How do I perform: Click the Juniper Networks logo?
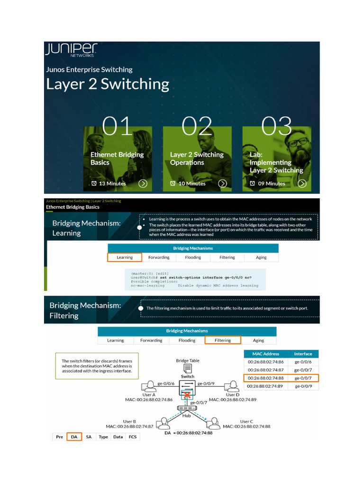71,50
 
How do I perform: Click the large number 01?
118,126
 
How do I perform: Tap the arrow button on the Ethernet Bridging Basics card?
143,184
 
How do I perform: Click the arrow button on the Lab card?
301,184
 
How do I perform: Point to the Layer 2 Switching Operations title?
196,159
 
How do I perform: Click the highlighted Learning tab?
125,257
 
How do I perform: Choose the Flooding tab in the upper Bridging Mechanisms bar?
193,257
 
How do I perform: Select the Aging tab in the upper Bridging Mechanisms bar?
261,257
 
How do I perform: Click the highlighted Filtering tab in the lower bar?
222,340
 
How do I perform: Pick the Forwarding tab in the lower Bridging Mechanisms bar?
151,340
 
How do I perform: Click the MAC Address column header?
265,354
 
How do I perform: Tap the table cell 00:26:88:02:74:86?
265,362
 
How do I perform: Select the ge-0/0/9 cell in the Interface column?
303,386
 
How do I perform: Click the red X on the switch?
187,395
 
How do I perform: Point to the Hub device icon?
187,408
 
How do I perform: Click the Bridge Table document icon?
188,368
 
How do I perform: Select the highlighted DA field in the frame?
74,437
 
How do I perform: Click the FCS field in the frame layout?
132,437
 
